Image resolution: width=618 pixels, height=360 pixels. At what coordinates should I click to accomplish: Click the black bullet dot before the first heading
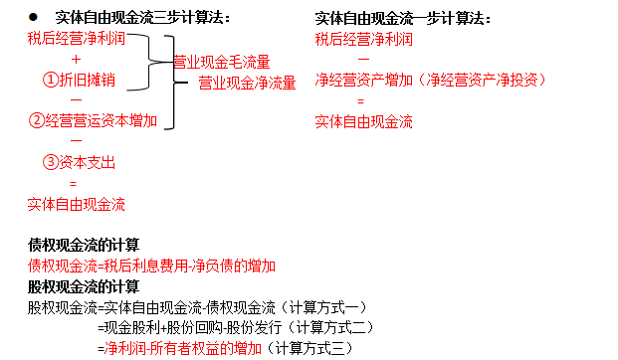[x=33, y=18]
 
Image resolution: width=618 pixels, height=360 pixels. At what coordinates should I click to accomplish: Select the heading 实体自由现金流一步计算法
[x=402, y=18]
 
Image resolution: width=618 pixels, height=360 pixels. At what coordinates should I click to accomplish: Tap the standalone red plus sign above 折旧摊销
[x=76, y=60]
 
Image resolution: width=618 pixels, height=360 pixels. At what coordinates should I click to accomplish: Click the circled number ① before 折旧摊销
[x=51, y=81]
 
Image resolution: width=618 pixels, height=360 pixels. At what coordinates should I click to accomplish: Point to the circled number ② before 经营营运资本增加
[x=37, y=121]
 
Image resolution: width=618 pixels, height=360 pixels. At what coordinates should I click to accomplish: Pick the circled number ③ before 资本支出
[x=51, y=163]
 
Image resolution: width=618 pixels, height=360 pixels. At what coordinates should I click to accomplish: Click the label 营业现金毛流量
[x=221, y=62]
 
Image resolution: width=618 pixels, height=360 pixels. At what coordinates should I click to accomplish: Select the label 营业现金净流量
[x=246, y=83]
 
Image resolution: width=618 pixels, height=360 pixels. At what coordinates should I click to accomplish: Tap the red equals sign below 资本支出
[x=73, y=184]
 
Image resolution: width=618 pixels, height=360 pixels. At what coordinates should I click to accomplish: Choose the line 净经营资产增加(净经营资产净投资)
[x=431, y=81]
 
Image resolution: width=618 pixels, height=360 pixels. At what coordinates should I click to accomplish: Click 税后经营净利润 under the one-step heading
[x=363, y=39]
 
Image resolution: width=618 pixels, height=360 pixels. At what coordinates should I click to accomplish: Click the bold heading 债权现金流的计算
[x=84, y=245]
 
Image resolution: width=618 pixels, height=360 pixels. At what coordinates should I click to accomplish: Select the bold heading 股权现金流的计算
[x=84, y=286]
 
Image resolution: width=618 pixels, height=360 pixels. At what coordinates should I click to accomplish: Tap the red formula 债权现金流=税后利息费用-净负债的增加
[x=151, y=266]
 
